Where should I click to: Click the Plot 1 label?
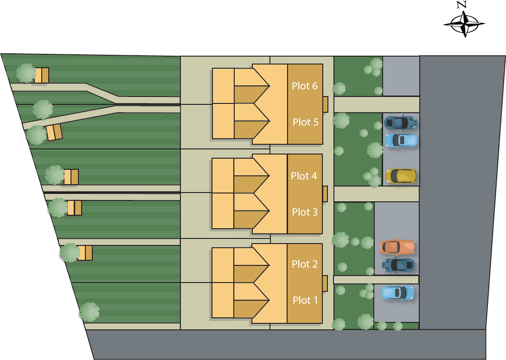[x=305, y=300]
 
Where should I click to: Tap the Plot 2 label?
[x=305, y=264]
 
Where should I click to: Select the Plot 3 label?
[x=305, y=212]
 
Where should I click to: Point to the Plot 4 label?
[x=304, y=176]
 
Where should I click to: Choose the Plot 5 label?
[x=305, y=122]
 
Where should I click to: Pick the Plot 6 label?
[x=305, y=86]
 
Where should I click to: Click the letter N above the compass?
[x=461, y=5]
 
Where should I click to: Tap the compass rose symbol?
[x=464, y=24]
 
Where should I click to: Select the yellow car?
[x=401, y=176]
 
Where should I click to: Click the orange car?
[x=397, y=246]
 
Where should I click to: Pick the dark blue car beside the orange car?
[x=398, y=265]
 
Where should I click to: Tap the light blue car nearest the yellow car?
[x=401, y=140]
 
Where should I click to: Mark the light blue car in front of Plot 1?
[x=397, y=293]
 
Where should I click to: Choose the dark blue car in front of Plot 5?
[x=400, y=122]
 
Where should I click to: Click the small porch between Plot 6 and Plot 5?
[x=325, y=104]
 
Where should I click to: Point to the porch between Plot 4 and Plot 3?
[x=325, y=193]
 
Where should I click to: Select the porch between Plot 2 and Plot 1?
[x=325, y=283]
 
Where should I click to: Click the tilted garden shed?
[x=54, y=132]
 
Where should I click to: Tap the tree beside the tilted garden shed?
[x=37, y=135]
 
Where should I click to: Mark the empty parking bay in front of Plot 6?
[x=401, y=76]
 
